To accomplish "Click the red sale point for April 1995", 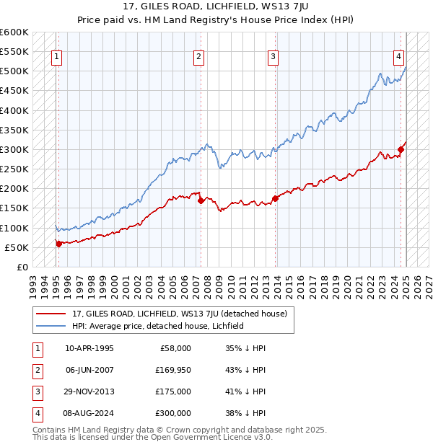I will (x=58, y=244).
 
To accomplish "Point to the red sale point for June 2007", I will (x=201, y=200).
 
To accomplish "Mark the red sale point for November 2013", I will (x=275, y=198).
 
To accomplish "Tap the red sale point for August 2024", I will (x=401, y=149).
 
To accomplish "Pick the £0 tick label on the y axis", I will (x=22, y=267).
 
